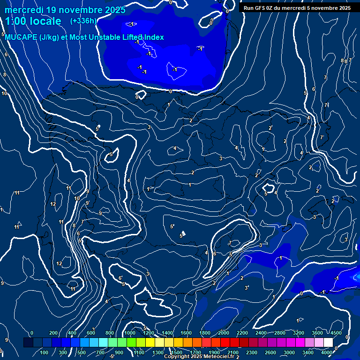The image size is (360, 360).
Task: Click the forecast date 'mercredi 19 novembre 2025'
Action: click(66, 10)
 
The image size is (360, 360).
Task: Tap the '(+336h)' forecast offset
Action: click(83, 21)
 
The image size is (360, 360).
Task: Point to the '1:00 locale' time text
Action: click(33, 21)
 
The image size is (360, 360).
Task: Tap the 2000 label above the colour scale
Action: click(224, 333)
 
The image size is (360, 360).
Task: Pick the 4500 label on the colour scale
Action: click(336, 333)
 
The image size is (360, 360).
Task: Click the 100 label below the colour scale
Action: click(45, 352)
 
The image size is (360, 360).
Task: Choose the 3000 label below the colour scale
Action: click(289, 352)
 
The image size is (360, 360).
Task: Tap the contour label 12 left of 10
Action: click(53, 204)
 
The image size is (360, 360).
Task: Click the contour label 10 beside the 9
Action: click(77, 198)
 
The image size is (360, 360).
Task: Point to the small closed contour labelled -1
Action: click(176, 70)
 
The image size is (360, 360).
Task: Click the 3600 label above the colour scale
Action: click(317, 333)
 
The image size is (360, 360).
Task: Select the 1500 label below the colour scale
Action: click(177, 352)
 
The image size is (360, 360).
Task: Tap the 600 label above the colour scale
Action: click(91, 333)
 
